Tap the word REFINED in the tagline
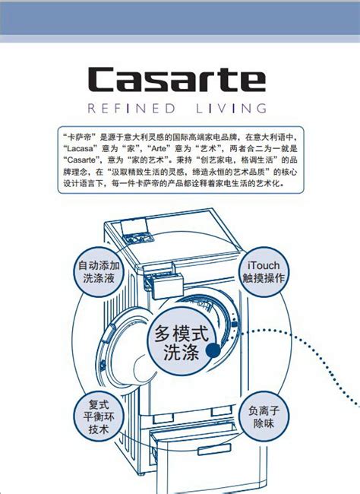pos(131,109)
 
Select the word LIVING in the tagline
pos(231,109)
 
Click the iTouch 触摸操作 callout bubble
pos(264,271)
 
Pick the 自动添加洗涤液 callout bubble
pos(99,271)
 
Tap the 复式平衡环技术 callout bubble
pos(99,416)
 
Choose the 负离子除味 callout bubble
pos(264,416)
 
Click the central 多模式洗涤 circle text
pos(182,343)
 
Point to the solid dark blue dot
pos(213,350)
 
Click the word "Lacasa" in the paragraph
pos(81,148)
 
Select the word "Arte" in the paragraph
pos(159,148)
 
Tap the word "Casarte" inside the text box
pos(81,160)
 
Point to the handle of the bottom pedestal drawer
pos(214,449)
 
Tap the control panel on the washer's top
pos(138,238)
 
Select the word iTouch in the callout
pos(264,265)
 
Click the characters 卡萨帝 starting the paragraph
pos(80,137)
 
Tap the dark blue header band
pos(180,18)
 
